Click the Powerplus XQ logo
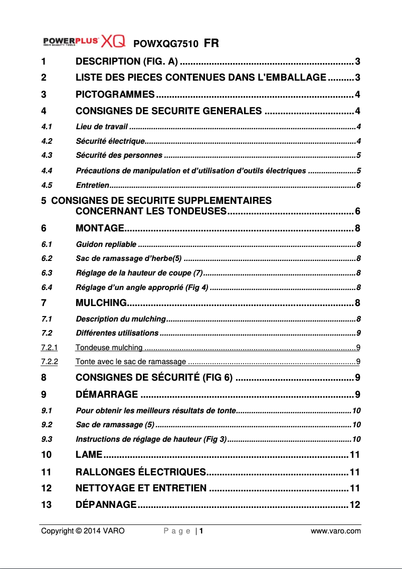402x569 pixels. [83, 41]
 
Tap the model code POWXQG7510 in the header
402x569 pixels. [165, 44]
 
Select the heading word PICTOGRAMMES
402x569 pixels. [115, 95]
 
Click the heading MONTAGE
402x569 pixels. [100, 229]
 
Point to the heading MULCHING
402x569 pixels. [101, 303]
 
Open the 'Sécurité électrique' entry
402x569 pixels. [110, 141]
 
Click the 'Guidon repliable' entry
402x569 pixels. [106, 244]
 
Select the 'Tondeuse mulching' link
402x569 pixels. [109, 347]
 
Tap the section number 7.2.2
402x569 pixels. [49, 361]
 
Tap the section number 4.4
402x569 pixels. [47, 171]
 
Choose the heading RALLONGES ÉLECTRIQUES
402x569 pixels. [141, 472]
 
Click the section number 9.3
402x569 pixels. [47, 439]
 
